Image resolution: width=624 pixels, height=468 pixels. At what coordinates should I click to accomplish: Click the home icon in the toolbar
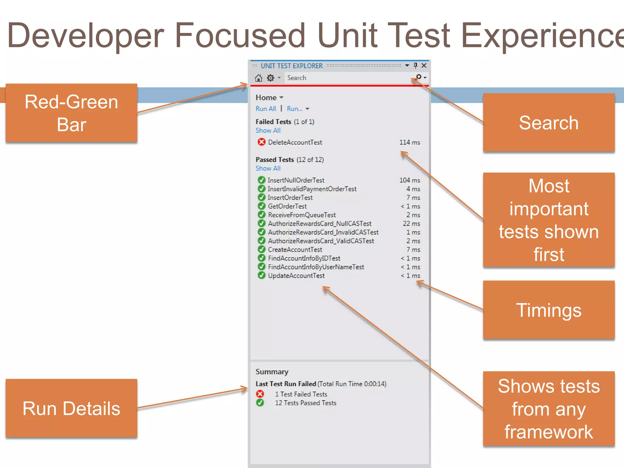(258, 78)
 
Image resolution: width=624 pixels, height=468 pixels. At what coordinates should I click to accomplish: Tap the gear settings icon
(270, 78)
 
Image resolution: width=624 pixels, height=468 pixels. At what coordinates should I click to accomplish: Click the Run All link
(266, 109)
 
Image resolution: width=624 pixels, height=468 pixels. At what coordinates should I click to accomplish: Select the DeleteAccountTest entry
(295, 142)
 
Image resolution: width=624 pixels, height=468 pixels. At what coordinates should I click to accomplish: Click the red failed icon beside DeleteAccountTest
(261, 142)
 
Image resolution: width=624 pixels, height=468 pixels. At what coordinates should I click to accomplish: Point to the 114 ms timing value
(409, 142)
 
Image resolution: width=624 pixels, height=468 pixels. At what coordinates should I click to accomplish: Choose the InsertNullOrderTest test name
(296, 180)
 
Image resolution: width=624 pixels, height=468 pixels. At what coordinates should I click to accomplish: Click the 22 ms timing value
(411, 224)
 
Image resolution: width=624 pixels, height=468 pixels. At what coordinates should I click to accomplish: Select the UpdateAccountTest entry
(296, 276)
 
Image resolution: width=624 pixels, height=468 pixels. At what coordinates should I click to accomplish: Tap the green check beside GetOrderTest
(261, 206)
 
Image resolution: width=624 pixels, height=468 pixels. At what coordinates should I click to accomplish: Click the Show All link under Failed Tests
(268, 130)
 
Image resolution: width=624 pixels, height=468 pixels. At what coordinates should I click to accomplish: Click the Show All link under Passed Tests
(268, 168)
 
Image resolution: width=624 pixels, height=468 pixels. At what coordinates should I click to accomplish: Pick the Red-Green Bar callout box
(71, 113)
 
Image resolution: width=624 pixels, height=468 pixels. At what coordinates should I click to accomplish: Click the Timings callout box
(549, 310)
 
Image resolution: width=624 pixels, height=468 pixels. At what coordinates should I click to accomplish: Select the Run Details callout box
(71, 408)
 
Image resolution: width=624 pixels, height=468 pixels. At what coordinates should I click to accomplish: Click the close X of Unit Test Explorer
(424, 66)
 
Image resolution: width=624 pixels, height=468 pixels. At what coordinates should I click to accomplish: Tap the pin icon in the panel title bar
(415, 66)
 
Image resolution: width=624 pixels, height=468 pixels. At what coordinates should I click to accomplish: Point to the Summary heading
(272, 372)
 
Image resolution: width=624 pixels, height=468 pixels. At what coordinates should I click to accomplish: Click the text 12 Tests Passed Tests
(306, 403)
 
